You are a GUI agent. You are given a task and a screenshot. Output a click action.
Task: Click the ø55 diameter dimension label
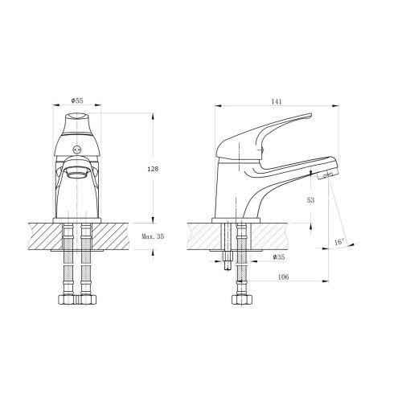(77, 100)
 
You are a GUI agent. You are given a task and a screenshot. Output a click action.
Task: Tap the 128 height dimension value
(153, 169)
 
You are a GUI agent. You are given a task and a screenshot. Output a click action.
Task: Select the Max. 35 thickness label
(153, 236)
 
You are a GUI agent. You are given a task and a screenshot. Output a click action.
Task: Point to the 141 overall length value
(277, 101)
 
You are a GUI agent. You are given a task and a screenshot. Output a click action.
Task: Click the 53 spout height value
(310, 200)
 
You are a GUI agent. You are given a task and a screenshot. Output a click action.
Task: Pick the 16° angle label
(339, 242)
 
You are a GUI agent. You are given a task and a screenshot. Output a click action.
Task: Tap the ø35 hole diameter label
(279, 257)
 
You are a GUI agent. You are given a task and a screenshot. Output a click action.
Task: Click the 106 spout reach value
(283, 277)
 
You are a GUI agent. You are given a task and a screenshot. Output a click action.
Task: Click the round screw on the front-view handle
(77, 149)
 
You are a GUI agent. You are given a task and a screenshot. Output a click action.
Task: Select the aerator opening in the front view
(77, 171)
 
